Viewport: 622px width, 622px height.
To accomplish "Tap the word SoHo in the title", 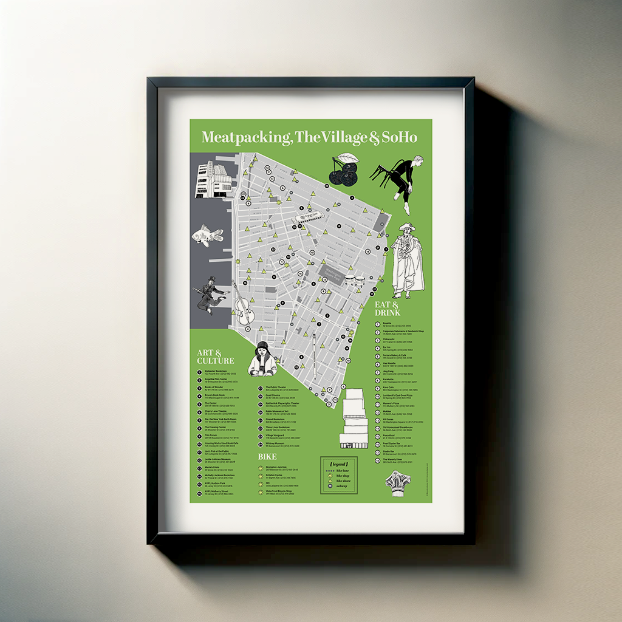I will tap(399, 138).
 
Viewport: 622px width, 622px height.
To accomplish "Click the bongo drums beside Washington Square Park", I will tap(355, 281).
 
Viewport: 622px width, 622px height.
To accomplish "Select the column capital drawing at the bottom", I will tap(397, 483).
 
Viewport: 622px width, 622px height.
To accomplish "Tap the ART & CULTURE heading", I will tap(215, 357).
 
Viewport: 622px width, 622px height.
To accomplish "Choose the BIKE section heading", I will tap(267, 456).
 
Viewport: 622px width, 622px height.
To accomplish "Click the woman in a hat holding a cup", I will tap(262, 359).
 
